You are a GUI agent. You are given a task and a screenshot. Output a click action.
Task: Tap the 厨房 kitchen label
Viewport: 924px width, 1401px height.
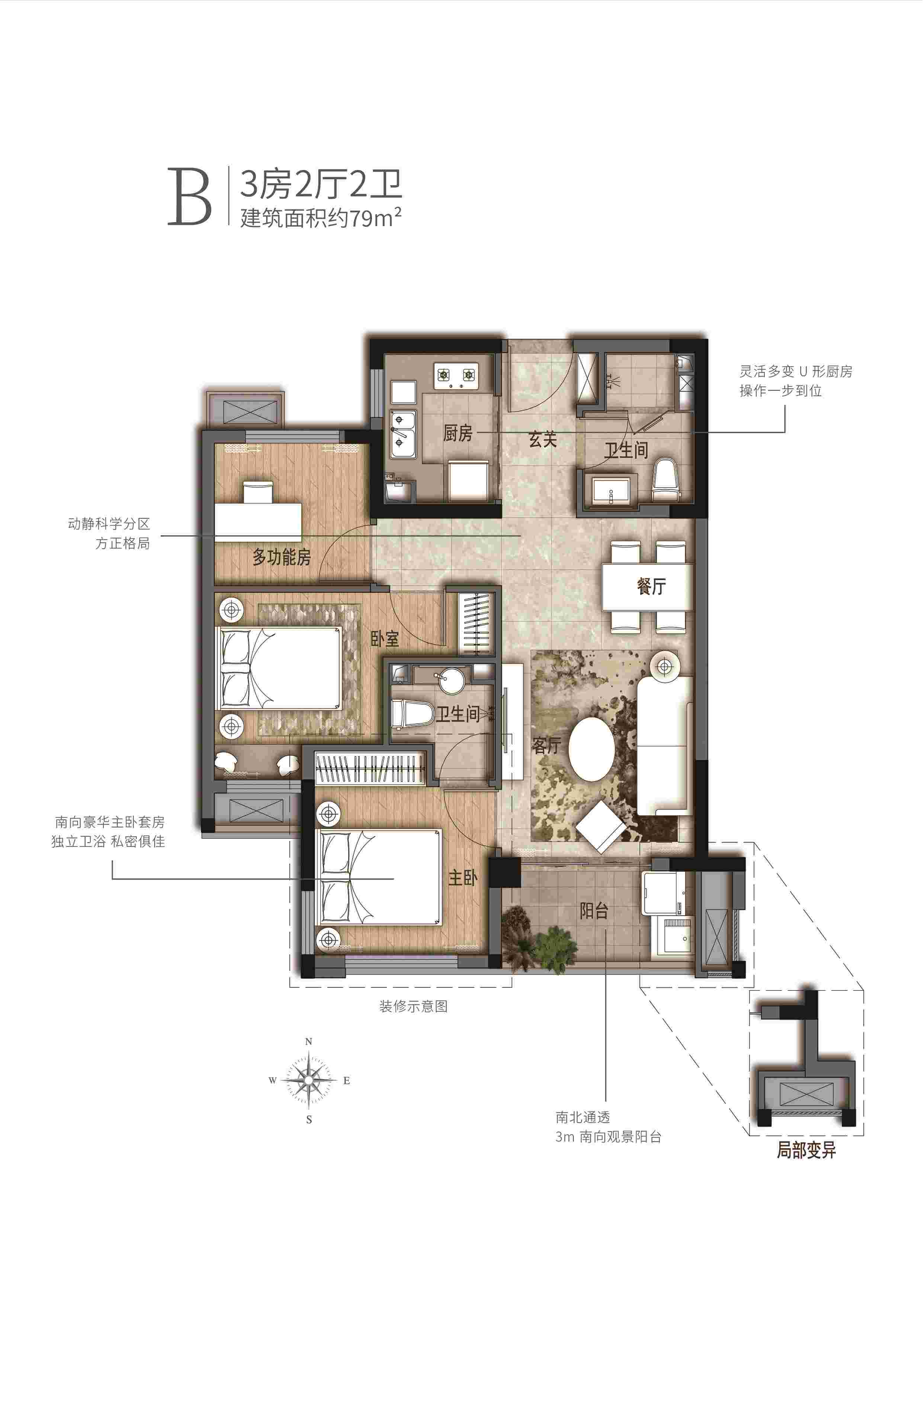tap(458, 434)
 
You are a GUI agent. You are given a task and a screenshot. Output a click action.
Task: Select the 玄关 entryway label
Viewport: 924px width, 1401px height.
tap(542, 439)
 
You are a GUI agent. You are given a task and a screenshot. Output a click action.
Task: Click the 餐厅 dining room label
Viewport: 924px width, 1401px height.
tap(651, 586)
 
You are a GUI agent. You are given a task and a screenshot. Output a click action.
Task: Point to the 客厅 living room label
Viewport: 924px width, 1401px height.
tap(546, 745)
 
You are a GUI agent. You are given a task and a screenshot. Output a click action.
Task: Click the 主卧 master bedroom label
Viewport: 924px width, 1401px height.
tap(463, 878)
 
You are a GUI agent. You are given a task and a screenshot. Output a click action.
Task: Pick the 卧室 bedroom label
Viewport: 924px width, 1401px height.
tap(385, 639)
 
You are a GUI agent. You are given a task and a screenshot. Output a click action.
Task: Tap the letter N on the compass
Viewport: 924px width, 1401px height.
tap(308, 1042)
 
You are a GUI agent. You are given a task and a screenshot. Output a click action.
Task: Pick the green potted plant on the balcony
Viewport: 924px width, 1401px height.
tap(554, 943)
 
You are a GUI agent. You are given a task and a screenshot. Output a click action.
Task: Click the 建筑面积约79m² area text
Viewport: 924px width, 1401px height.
tap(321, 218)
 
